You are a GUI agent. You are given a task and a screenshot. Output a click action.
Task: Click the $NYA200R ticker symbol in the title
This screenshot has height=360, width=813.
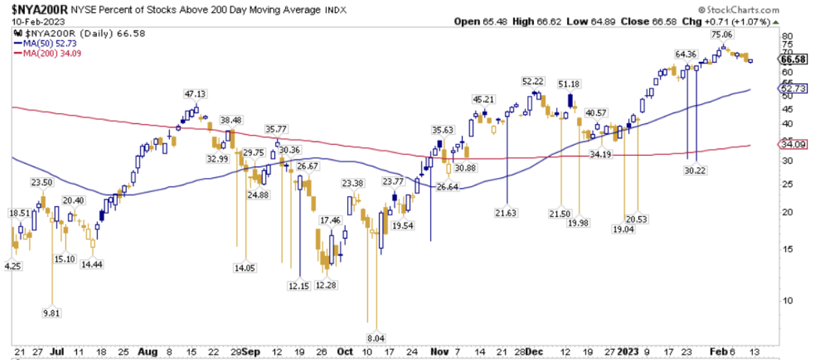click(32, 10)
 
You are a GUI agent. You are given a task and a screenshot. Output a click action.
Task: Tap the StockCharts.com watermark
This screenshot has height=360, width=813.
click(741, 10)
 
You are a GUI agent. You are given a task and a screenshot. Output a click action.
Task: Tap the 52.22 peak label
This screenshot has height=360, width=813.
click(533, 81)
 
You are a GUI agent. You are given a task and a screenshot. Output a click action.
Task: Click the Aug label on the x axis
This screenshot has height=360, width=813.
click(147, 352)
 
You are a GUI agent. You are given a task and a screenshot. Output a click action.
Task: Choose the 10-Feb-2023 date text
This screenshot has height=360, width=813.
click(30, 21)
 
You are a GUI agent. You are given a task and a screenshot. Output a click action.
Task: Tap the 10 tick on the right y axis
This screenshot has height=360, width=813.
click(786, 300)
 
